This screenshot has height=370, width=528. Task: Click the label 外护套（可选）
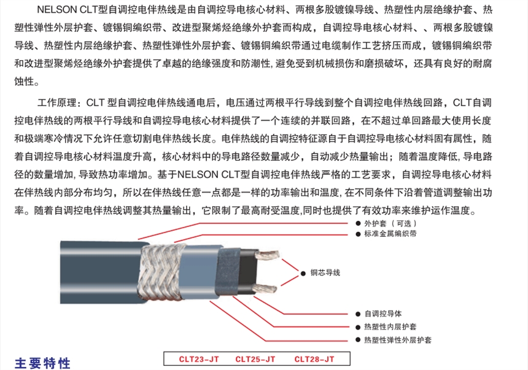point(390,223)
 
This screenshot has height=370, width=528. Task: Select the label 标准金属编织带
point(390,234)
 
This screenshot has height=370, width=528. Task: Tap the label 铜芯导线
point(325,272)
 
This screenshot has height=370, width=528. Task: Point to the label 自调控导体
point(383,314)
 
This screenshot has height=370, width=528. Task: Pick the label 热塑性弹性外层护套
point(398,340)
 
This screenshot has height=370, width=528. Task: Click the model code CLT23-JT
point(199,359)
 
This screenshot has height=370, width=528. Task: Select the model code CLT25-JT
point(255,359)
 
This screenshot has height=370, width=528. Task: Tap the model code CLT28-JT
point(314,359)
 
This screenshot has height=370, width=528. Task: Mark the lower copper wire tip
point(276,288)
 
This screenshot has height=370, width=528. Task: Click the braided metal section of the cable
point(161,272)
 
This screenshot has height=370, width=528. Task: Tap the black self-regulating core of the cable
point(248,271)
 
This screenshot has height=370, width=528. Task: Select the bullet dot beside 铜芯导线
point(303,274)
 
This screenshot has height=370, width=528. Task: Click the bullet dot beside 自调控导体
point(358,314)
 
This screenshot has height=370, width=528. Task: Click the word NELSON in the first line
point(57,10)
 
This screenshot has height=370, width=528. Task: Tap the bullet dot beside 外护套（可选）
point(358,223)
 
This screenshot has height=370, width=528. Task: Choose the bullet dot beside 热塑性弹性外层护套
point(358,340)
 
